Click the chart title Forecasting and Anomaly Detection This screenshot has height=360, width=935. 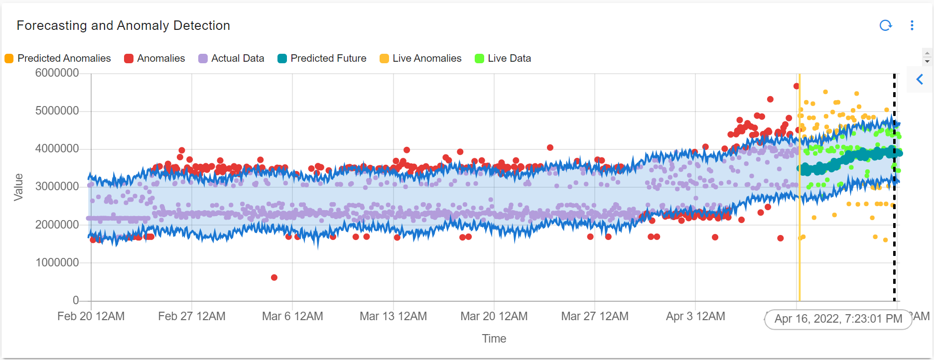click(123, 25)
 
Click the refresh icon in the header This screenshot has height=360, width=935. click(885, 25)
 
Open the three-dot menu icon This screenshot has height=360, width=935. click(912, 25)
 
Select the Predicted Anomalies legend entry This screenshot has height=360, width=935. click(58, 58)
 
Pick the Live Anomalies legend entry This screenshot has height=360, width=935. click(420, 58)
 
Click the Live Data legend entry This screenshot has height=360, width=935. click(503, 58)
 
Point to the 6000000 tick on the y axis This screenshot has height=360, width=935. click(57, 73)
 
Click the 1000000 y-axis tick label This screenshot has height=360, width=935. click(57, 262)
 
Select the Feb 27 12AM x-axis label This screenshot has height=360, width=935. click(192, 316)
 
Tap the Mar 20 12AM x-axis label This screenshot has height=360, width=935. click(494, 316)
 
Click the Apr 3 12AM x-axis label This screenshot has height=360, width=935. click(695, 316)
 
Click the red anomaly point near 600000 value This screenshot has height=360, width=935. click(274, 277)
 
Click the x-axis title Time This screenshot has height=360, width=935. click(494, 339)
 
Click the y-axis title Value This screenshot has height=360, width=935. click(18, 187)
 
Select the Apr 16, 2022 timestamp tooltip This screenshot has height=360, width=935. click(838, 319)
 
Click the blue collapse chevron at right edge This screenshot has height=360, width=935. click(920, 79)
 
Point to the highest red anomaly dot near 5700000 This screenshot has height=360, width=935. click(796, 86)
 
